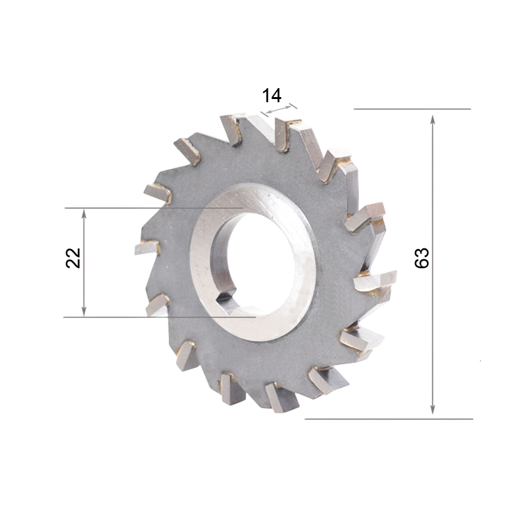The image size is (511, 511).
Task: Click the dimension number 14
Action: tap(271, 95)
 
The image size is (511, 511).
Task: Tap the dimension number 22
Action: tap(73, 258)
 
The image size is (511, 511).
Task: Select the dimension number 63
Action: tap(422, 258)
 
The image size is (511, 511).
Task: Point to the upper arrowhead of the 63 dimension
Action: tap(432, 120)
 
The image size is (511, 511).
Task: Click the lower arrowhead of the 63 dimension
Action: tap(432, 409)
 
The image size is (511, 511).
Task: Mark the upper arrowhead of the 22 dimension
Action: tap(84, 215)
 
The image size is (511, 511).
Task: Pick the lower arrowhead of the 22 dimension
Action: tap(84, 311)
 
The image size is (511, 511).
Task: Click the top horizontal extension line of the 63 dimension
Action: tap(412, 109)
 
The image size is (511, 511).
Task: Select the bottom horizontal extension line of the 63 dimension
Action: tap(388, 419)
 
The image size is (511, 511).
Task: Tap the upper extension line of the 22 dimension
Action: tap(154, 208)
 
